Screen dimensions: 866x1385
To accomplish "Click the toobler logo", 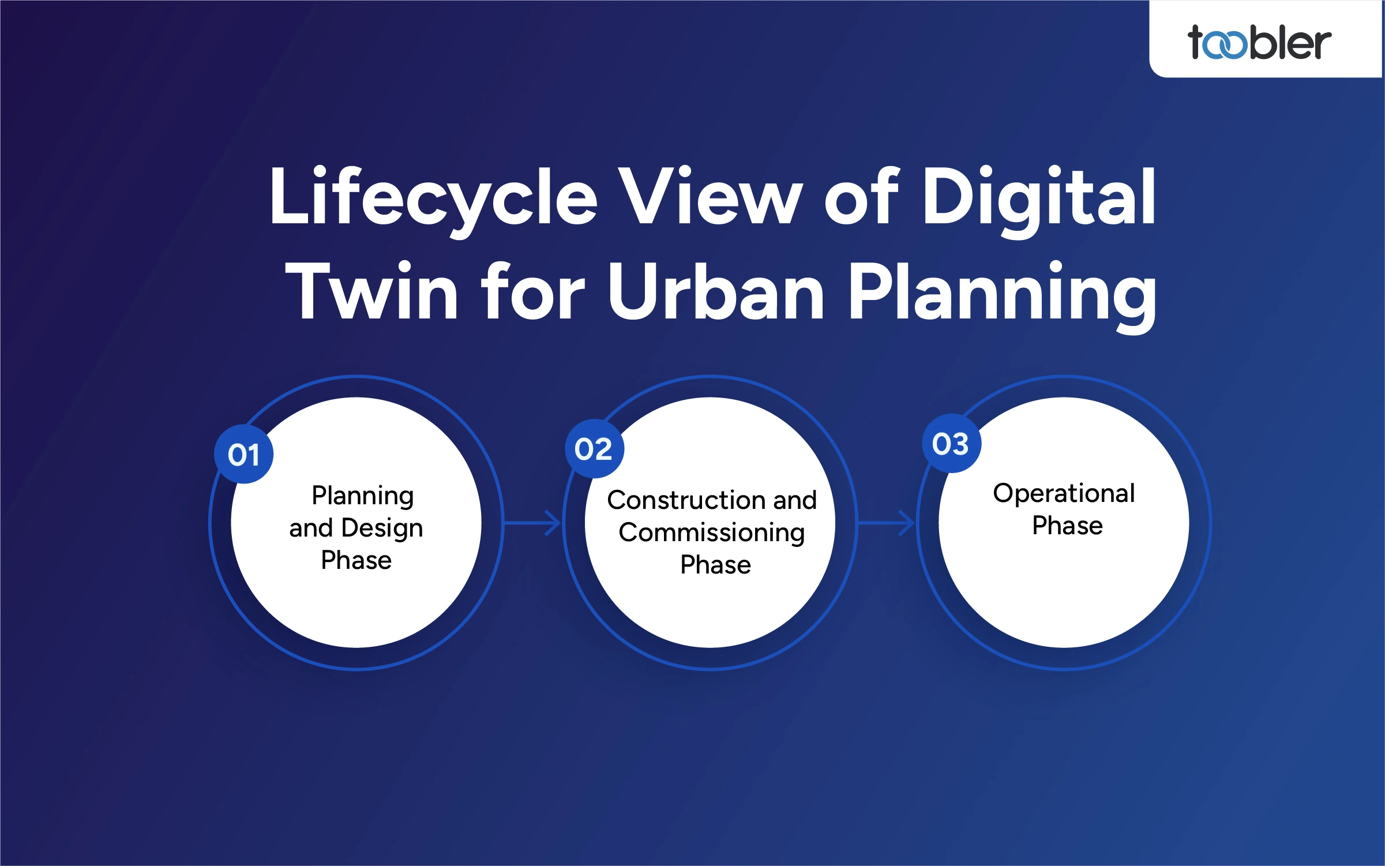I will (x=1259, y=43).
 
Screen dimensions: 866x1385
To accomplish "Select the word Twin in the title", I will (x=371, y=292).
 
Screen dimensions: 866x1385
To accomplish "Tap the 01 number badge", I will (x=243, y=455).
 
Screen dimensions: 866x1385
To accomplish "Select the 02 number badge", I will (x=594, y=449).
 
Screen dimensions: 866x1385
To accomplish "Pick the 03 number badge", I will (x=951, y=444).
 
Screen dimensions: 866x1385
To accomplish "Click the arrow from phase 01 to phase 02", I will (x=533, y=523).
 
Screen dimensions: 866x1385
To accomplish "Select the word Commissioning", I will (x=711, y=533).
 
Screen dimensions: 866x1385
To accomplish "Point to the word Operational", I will (x=1064, y=494).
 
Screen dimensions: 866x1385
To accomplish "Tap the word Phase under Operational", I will (x=1067, y=526).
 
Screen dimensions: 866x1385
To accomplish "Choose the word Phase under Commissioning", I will (x=715, y=565).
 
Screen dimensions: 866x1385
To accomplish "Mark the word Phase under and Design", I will (x=356, y=560).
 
